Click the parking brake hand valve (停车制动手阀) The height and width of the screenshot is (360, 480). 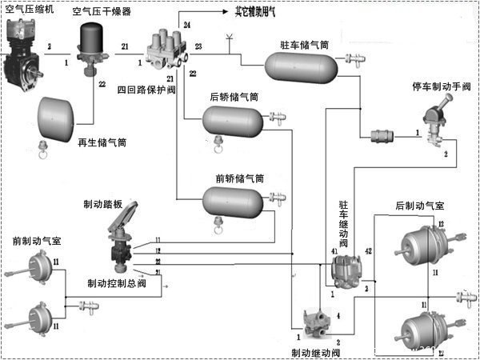[x=437, y=126]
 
